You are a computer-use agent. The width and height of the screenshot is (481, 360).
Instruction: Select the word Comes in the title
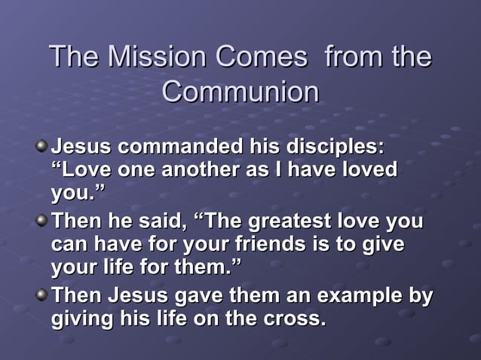point(261,58)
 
